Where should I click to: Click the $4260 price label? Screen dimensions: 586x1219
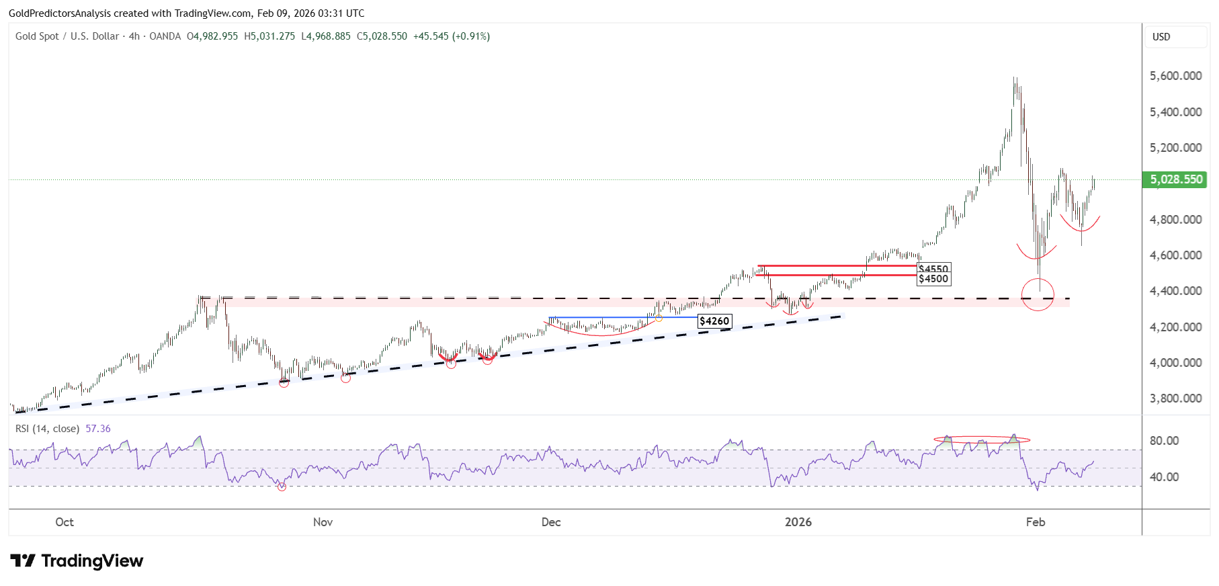(x=714, y=321)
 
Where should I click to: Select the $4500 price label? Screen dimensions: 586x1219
(x=933, y=279)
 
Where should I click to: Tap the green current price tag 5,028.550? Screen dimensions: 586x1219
(x=1175, y=179)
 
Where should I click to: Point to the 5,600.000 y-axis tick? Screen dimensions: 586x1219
(x=1175, y=76)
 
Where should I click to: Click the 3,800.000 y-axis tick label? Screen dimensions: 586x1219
(x=1175, y=399)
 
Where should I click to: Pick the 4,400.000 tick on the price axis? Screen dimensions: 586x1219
(x=1175, y=291)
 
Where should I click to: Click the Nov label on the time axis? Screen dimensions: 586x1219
(x=323, y=522)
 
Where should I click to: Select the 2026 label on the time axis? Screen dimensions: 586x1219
(x=798, y=522)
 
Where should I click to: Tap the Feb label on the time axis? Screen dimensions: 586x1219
(x=1035, y=522)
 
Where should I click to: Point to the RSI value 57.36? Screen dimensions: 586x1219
(x=98, y=429)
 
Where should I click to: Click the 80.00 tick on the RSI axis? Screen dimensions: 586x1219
(x=1164, y=441)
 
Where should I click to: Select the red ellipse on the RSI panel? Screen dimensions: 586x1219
(x=981, y=440)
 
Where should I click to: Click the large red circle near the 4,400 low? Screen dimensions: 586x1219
(x=1038, y=294)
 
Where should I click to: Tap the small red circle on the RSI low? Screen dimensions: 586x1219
(x=282, y=487)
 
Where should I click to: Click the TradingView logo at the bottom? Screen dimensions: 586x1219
(x=77, y=561)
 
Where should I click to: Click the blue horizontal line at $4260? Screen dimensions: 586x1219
(x=605, y=318)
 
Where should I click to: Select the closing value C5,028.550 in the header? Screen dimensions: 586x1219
(x=382, y=36)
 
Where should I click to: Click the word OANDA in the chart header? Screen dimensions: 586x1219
(x=165, y=36)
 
